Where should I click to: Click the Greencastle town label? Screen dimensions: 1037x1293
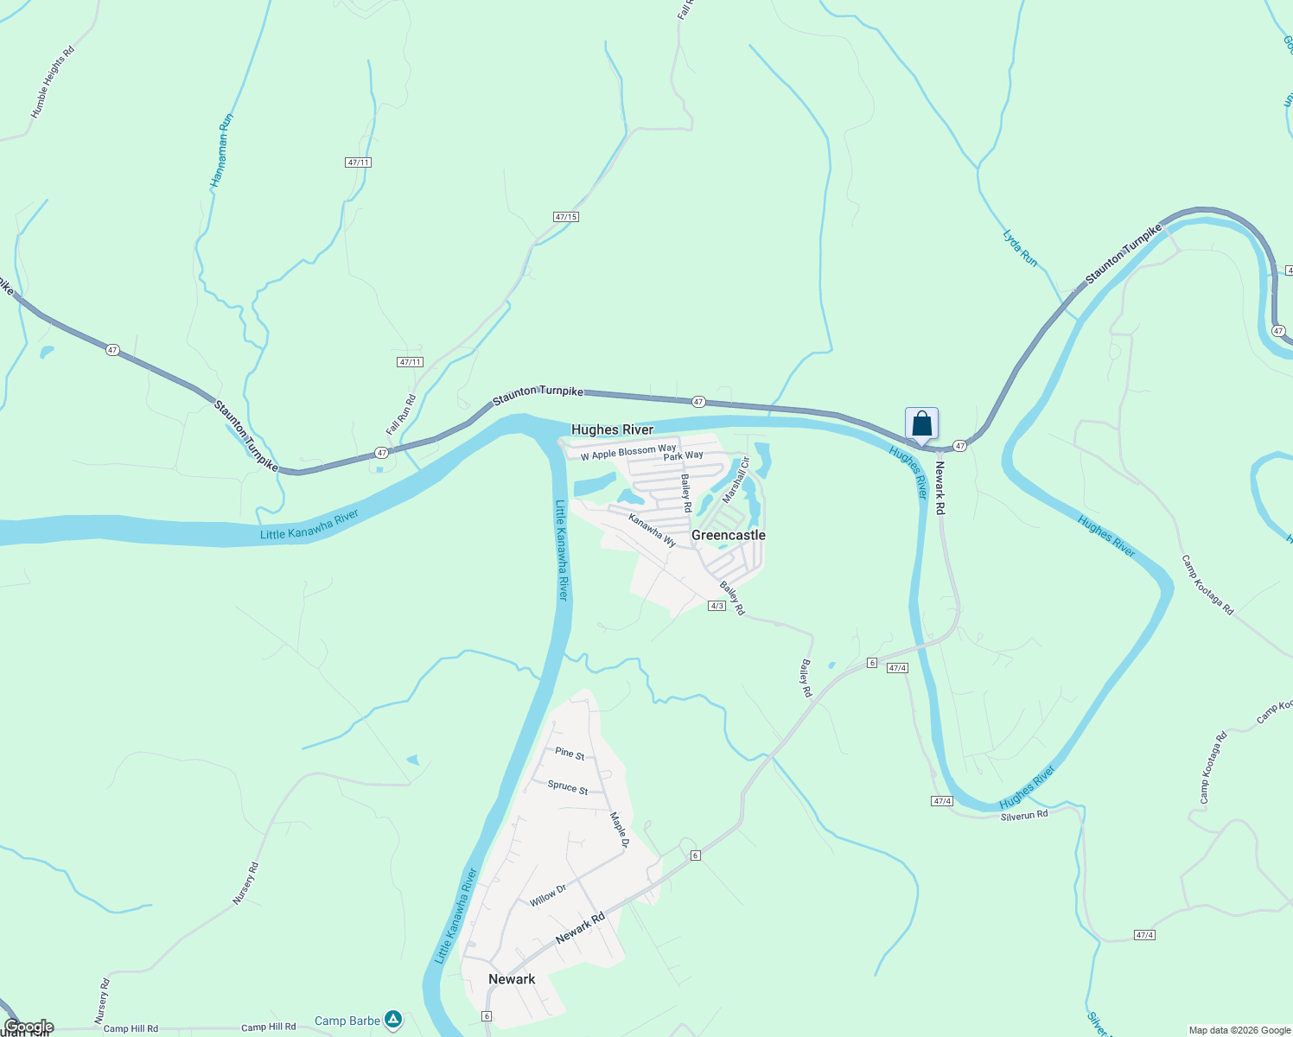coord(728,536)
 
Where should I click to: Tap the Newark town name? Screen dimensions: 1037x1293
coord(512,979)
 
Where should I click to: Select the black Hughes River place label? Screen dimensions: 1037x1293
coord(612,429)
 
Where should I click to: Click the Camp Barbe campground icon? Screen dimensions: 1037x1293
coord(394,1020)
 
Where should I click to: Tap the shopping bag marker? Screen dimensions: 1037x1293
coord(921,424)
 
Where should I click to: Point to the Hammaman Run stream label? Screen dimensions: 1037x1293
coord(222,150)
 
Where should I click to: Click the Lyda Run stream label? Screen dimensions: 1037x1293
coord(1020,247)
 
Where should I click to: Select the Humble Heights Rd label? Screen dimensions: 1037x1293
coord(53,82)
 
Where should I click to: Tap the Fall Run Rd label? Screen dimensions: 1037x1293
coord(401,415)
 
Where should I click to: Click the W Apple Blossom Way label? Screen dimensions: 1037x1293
coord(628,452)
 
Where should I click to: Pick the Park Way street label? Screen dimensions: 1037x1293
coord(684,455)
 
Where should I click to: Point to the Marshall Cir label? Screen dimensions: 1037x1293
coord(736,480)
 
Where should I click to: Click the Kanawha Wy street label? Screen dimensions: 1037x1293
coord(652,530)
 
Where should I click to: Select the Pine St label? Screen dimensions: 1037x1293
coord(570,754)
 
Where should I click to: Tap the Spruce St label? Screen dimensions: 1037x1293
coord(568,787)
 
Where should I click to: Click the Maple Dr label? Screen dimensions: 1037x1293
coord(620,824)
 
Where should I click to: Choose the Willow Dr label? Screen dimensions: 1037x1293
coord(548,895)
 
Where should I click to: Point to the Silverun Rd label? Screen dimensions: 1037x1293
coord(1024,815)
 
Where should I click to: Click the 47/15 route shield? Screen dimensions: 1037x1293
coord(566,217)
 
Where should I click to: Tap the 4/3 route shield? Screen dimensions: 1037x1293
coord(717,606)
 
